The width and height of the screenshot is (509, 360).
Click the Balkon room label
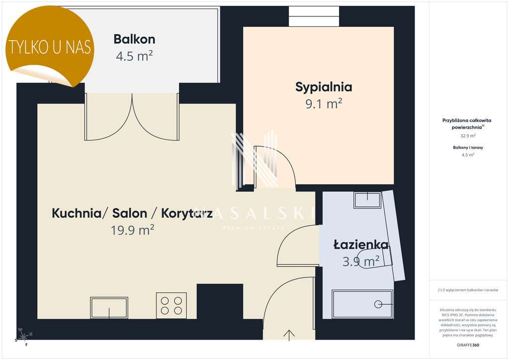tap(134, 39)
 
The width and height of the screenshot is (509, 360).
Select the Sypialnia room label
tap(324, 87)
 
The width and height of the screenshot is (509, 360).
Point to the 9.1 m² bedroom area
tap(324, 103)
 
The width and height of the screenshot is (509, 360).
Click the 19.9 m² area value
tap(133, 230)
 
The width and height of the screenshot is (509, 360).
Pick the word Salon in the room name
tap(130, 214)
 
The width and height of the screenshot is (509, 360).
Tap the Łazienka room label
tap(361, 245)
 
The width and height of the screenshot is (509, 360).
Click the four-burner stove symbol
tap(171, 305)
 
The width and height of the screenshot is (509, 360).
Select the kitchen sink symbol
tap(109, 307)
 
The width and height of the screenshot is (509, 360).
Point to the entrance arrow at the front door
tap(289, 335)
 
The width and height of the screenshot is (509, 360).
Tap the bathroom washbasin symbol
tap(367, 200)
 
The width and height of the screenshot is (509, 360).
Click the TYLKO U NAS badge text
tap(50, 47)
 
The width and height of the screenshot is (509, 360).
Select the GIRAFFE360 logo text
tap(468, 345)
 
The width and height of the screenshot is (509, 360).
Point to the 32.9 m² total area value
tap(468, 135)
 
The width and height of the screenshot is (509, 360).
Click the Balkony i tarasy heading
tap(468, 148)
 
